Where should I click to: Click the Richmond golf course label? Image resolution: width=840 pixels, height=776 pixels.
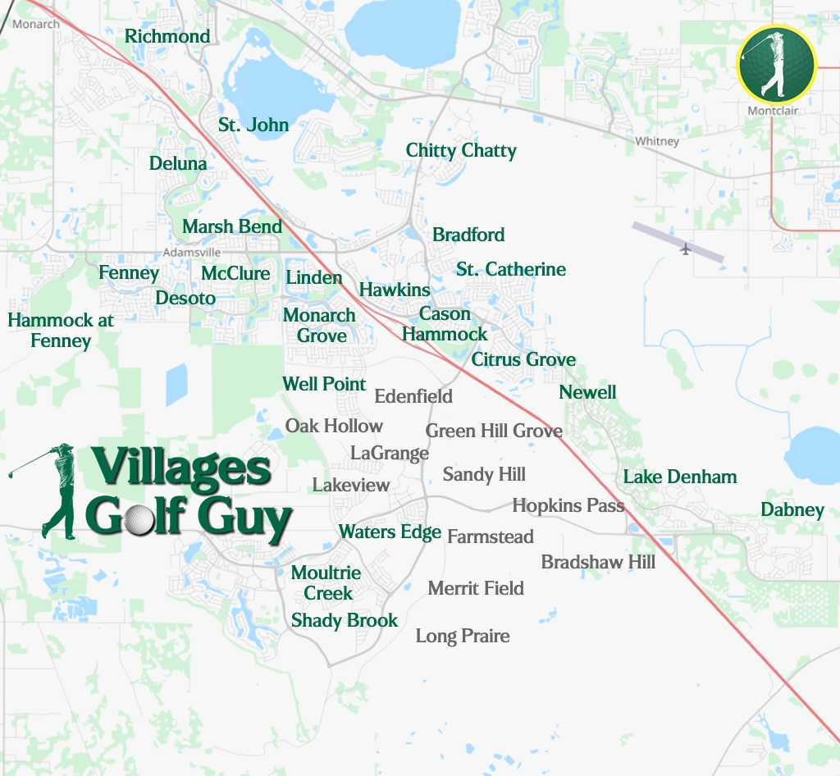(167, 36)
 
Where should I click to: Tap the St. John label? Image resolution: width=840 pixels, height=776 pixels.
(253, 125)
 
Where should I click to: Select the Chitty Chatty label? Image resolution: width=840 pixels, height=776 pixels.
(461, 150)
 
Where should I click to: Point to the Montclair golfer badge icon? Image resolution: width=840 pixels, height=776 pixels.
(776, 65)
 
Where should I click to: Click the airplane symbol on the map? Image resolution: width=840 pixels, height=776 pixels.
(686, 248)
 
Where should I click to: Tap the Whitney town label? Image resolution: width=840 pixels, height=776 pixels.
(657, 141)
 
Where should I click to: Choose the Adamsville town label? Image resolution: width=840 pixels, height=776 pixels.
(192, 252)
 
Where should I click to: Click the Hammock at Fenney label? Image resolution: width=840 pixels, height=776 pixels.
(61, 330)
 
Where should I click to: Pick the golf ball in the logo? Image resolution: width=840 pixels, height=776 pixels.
(140, 519)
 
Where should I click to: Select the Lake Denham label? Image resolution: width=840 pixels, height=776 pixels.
(679, 477)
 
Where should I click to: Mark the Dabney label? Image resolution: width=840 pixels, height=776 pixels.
(792, 509)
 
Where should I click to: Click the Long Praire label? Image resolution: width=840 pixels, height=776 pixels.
(463, 636)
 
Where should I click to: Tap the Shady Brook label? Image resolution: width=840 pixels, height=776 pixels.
(345, 620)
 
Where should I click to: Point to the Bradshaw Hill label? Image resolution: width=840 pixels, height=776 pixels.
(598, 562)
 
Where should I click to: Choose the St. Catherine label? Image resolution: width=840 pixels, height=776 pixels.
(511, 269)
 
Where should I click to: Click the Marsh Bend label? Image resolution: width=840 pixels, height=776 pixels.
(232, 226)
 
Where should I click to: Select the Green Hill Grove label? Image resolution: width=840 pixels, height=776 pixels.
(494, 431)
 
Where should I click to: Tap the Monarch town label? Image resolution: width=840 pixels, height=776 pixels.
(36, 24)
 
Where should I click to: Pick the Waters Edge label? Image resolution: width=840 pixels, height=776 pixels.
(390, 532)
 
